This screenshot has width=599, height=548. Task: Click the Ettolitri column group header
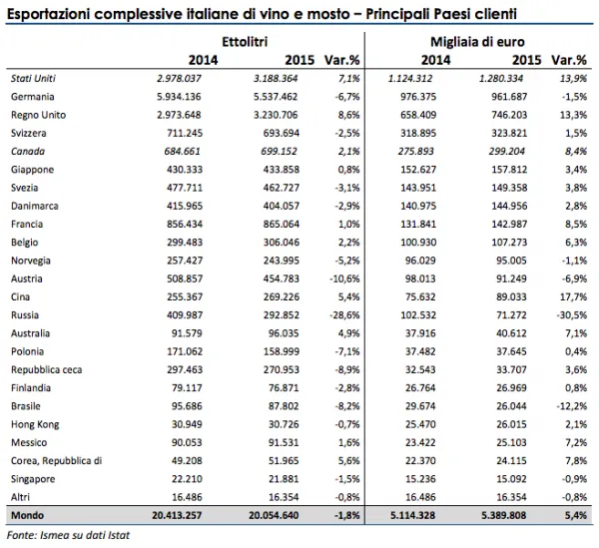[245, 42]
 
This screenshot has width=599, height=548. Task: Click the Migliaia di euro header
[477, 42]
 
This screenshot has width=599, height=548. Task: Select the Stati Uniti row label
[33, 78]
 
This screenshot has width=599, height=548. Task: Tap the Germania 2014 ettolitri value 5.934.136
[179, 97]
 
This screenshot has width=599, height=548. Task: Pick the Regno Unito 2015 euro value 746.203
[509, 115]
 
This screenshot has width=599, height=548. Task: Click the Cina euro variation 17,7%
[573, 296]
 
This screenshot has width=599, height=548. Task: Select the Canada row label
[28, 152]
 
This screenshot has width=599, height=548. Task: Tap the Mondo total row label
[28, 515]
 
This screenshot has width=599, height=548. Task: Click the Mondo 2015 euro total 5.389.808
[504, 515]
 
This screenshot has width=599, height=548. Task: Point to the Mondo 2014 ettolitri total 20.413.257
[177, 515]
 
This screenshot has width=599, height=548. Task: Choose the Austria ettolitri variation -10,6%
[344, 278]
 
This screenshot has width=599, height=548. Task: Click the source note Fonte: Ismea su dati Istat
[68, 535]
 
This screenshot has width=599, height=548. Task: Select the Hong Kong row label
[35, 424]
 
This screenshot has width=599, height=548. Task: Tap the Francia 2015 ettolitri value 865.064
[282, 225]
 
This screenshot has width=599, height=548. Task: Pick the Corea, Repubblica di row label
[57, 461]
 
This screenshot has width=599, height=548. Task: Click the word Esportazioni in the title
[49, 14]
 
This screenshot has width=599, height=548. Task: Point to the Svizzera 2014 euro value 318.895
[418, 134]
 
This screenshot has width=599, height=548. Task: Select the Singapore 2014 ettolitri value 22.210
[187, 479]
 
